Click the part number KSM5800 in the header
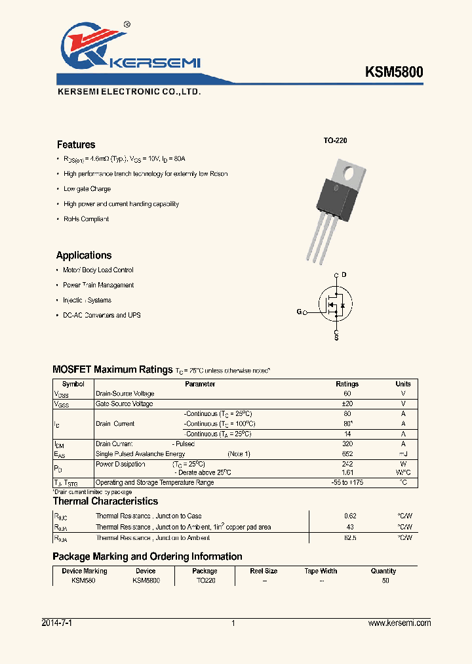pos(394,72)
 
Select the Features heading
pos(76,144)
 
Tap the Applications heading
pos(84,255)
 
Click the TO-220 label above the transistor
pos(335,141)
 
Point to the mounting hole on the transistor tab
pos(350,175)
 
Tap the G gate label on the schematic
pos(299,312)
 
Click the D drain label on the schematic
pos(344,274)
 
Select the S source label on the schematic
pos(336,337)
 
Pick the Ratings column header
pos(347,384)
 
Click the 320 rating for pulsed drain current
pos(347,444)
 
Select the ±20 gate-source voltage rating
pos(347,404)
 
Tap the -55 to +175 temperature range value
pos(347,482)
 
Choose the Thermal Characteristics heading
pos(105,501)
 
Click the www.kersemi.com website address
pos(400,623)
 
